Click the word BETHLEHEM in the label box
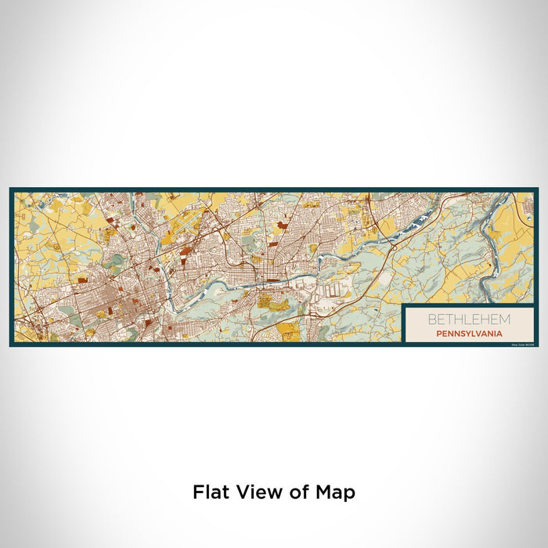click(x=468, y=319)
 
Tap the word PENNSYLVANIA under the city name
click(x=468, y=332)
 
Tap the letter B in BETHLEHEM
click(x=430, y=319)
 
